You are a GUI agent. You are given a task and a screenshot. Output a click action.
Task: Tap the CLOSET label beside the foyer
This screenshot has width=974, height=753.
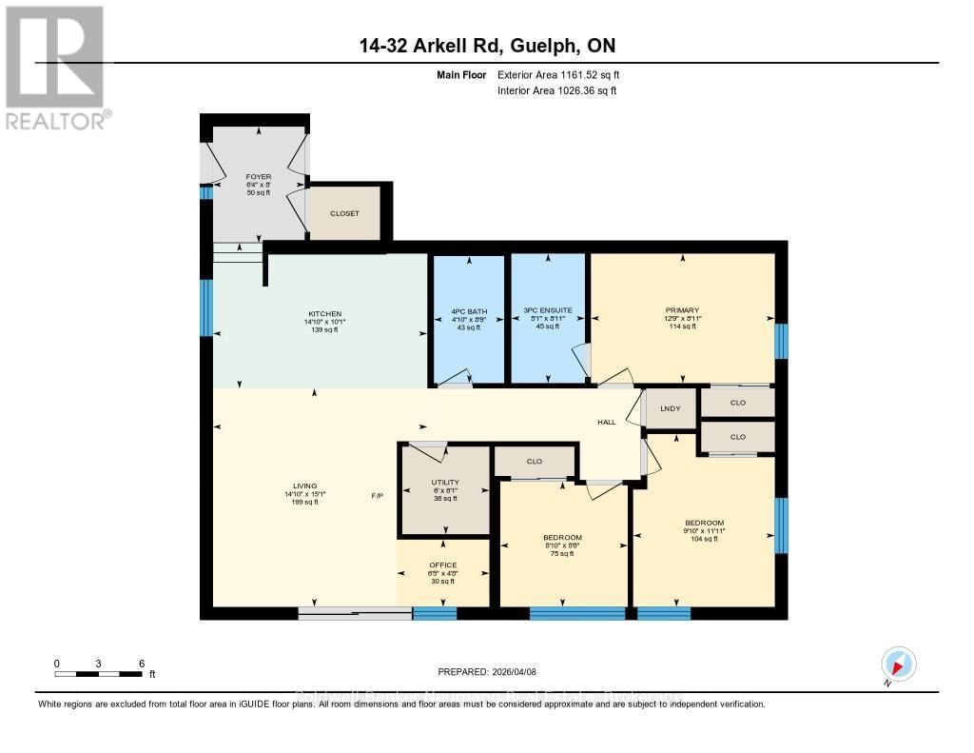tap(344, 213)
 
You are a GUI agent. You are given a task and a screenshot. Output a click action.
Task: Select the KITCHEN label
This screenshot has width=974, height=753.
tap(324, 314)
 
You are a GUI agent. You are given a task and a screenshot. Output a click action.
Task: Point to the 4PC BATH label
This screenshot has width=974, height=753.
tap(468, 310)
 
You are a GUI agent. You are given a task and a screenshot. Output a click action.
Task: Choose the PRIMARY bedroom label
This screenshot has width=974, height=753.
tap(682, 310)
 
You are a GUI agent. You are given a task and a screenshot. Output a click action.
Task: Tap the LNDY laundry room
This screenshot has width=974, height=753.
tap(671, 409)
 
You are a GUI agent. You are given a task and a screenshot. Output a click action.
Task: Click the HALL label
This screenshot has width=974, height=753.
tap(606, 422)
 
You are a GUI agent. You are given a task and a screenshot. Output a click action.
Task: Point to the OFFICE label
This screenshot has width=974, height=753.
tap(442, 565)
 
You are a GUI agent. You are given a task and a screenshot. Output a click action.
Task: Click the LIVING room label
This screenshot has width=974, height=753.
tap(305, 485)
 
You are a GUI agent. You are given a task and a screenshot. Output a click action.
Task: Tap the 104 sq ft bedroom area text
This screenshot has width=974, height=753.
tap(705, 539)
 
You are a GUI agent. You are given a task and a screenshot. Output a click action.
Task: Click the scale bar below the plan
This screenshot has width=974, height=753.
tap(99, 675)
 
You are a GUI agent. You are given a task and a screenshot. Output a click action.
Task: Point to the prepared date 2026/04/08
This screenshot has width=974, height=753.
tap(487, 671)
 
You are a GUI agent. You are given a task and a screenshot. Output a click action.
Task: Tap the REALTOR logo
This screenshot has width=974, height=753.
tap(57, 67)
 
